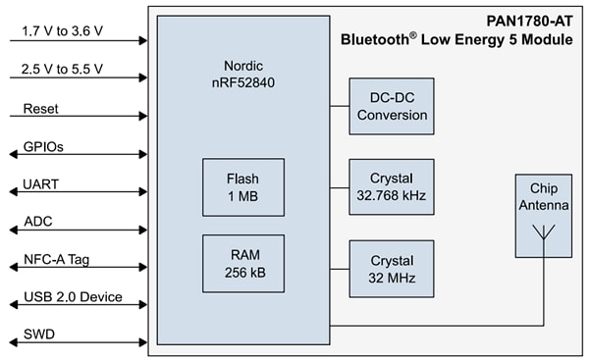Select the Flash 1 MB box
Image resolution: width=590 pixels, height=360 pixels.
click(243, 187)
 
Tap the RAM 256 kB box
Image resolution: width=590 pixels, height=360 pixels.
click(243, 263)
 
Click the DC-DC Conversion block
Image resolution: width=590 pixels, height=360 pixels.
click(392, 107)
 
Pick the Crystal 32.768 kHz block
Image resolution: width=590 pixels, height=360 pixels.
click(392, 187)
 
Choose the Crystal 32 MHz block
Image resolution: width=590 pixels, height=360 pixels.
click(392, 269)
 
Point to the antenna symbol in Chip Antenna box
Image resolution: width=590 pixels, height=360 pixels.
click(543, 234)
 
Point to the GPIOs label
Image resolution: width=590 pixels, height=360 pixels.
click(42, 146)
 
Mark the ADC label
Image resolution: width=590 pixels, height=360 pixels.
click(37, 223)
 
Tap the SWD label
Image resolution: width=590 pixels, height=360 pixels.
click(38, 334)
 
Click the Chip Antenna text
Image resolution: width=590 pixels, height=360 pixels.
click(543, 195)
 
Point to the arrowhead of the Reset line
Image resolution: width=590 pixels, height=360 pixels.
click(142, 117)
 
